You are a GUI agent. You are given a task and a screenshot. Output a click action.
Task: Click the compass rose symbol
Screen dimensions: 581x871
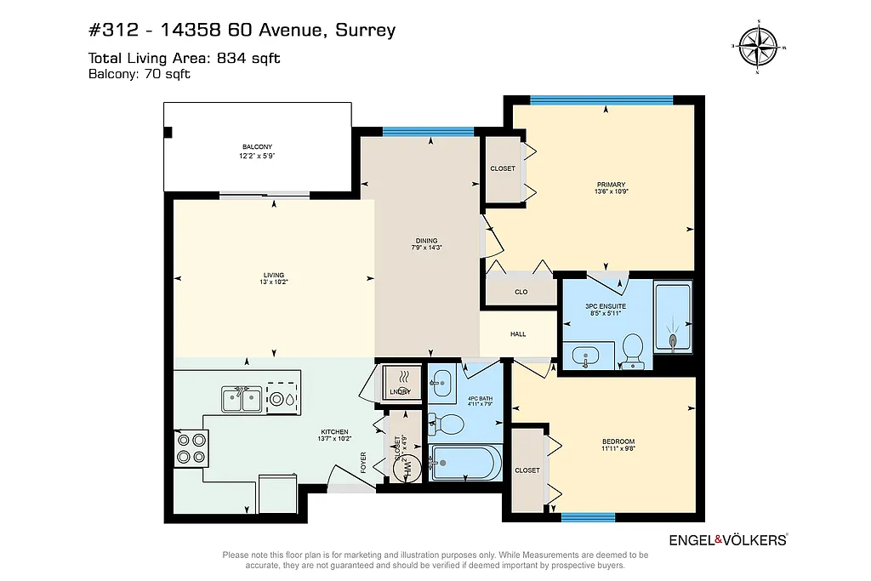tap(757, 47)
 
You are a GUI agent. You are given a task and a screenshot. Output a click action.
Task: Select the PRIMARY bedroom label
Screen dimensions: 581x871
tap(611, 185)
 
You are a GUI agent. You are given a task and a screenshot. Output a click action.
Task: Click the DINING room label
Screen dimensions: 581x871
tap(426, 242)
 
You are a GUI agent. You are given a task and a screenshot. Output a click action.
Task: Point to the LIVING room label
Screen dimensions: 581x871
tap(273, 275)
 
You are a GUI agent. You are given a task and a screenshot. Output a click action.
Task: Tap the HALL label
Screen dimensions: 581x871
tap(517, 334)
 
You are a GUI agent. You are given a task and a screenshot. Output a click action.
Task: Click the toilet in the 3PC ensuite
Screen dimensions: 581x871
tap(631, 349)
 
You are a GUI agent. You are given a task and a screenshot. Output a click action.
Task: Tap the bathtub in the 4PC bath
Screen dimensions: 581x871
tap(464, 463)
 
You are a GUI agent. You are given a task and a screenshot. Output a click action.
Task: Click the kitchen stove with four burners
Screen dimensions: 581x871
tap(191, 447)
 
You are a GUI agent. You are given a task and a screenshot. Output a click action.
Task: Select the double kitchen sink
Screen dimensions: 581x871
tap(242, 398)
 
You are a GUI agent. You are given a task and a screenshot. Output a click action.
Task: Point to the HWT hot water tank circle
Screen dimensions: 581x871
tap(407, 466)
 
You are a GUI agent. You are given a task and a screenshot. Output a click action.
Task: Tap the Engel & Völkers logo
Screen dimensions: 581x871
tap(728, 539)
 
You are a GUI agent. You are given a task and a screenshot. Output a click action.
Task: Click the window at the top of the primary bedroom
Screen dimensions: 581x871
tap(601, 100)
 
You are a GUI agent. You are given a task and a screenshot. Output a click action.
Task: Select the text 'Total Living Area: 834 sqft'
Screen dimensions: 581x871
tap(185, 58)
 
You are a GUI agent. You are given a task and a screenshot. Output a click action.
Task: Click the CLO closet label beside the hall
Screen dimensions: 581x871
tap(521, 292)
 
